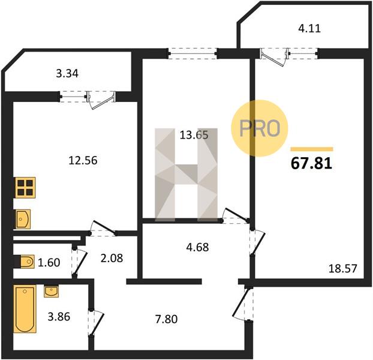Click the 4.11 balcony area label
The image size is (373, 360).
pyautogui.click(x=309, y=28)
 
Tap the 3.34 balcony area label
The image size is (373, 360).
pyautogui.click(x=67, y=74)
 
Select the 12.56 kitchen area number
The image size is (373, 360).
pyautogui.click(x=83, y=160)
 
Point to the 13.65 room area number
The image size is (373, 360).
pyautogui.click(x=194, y=135)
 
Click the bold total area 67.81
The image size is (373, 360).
pyautogui.click(x=311, y=164)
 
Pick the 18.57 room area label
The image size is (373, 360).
pyautogui.click(x=342, y=268)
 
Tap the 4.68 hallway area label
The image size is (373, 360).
pyautogui.click(x=197, y=247)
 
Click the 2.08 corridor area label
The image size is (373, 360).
pyautogui.click(x=112, y=258)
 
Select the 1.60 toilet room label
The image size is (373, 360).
pyautogui.click(x=49, y=262)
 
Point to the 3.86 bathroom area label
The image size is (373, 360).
pyautogui.click(x=59, y=317)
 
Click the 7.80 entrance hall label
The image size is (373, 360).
pyautogui.click(x=166, y=319)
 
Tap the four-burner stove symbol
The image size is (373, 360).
pyautogui.click(x=25, y=187)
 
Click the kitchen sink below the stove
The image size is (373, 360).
pyautogui.click(x=23, y=219)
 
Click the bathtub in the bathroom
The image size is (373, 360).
pyautogui.click(x=25, y=309)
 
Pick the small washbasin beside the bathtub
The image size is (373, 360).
pyautogui.click(x=51, y=292)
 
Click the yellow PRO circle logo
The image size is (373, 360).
pyautogui.click(x=260, y=128)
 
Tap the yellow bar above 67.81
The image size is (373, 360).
pyautogui.click(x=312, y=149)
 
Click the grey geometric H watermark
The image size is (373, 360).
pyautogui.click(x=186, y=175)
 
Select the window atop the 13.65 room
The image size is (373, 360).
pyautogui.click(x=192, y=53)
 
